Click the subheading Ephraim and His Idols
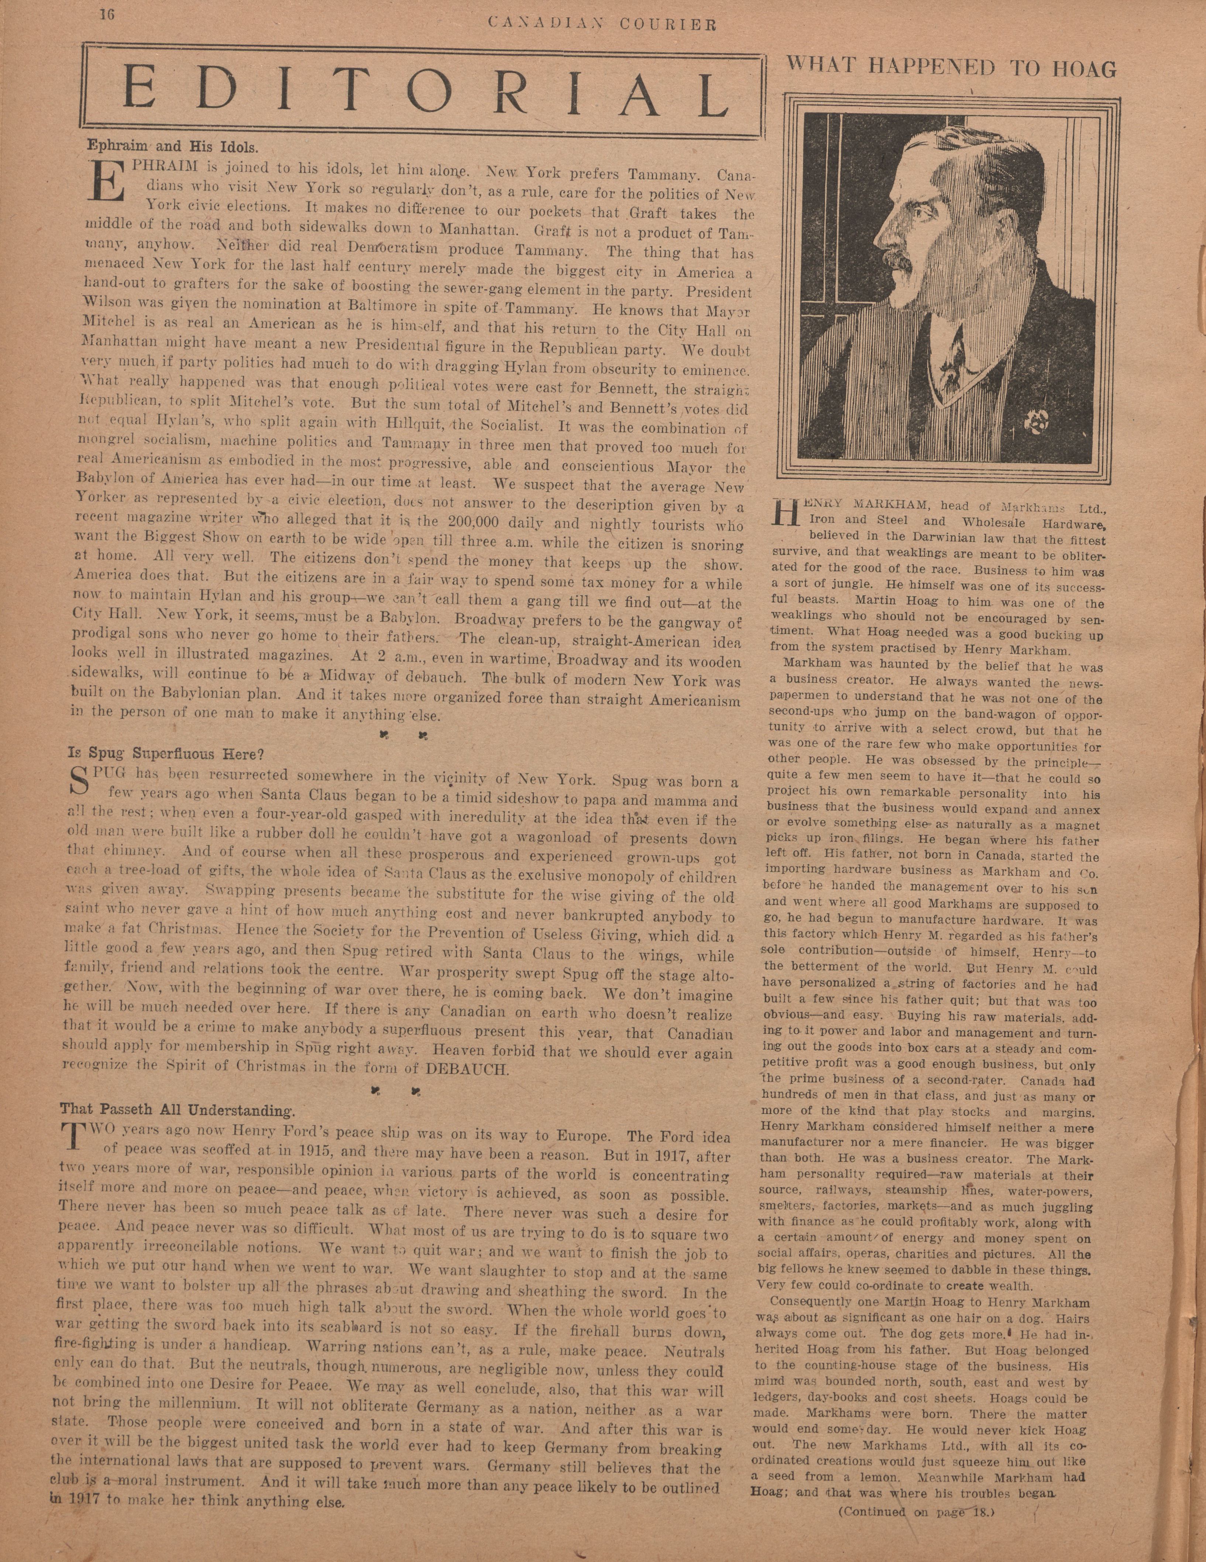pos(172,145)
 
